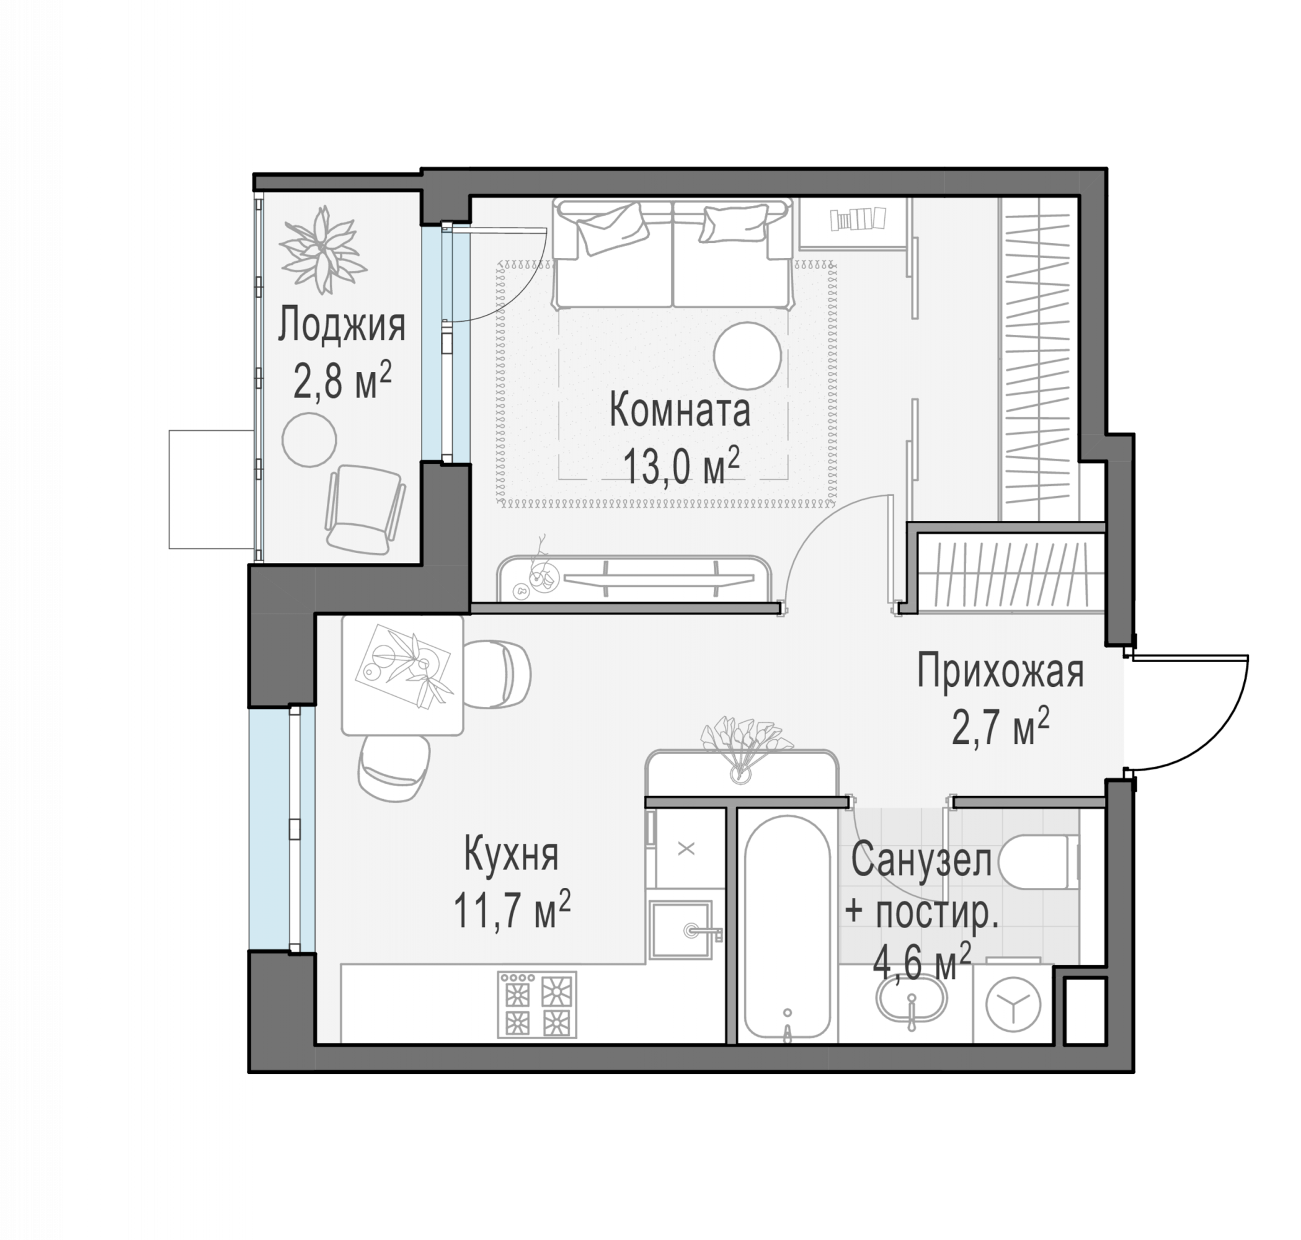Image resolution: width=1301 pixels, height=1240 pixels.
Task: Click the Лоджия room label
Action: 341,325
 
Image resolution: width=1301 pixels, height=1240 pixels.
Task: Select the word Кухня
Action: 511,854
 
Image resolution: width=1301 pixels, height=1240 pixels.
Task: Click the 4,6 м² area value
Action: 922,962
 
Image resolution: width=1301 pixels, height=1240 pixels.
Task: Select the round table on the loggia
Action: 309,440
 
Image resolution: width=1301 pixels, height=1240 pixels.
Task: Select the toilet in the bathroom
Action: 1039,862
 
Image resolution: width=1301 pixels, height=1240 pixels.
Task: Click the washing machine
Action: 1013,1004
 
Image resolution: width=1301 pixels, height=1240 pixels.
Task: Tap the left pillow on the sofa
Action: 611,229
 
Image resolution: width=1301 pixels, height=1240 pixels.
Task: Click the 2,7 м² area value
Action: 1000,727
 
